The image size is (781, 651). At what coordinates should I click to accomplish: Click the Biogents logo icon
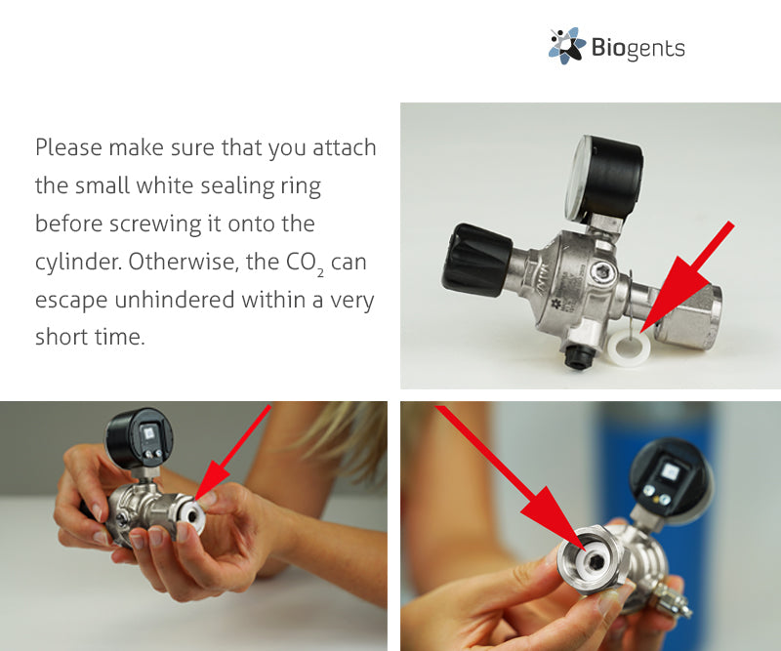(x=567, y=46)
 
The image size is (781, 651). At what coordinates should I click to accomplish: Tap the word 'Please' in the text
(x=67, y=148)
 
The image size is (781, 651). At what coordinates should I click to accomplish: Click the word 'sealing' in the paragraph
(x=235, y=186)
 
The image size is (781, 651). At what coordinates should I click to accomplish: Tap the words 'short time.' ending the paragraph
(x=90, y=337)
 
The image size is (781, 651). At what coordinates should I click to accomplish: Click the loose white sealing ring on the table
(x=629, y=346)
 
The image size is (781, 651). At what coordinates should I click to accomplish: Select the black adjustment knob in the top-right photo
(x=476, y=260)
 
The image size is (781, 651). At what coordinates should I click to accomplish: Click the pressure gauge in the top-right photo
(x=603, y=178)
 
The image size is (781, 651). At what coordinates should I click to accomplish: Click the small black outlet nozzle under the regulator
(x=578, y=356)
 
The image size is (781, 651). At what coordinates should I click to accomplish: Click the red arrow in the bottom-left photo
(x=232, y=452)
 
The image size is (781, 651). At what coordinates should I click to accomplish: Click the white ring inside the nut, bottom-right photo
(x=592, y=559)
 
